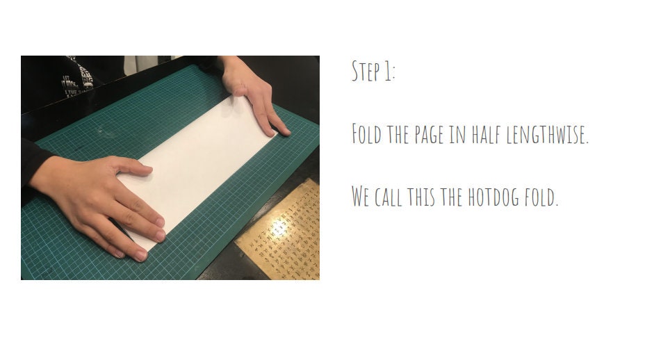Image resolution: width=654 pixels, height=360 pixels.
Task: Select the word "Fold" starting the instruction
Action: (366, 133)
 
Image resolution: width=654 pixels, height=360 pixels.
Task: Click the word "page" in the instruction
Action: (430, 135)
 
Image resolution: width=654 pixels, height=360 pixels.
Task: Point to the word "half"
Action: (487, 133)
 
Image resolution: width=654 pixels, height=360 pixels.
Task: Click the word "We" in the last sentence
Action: (360, 197)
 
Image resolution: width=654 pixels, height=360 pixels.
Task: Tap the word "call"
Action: (389, 197)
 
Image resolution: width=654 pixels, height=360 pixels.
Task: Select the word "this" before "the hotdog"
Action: (422, 197)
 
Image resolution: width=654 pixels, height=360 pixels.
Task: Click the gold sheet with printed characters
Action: (285, 236)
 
